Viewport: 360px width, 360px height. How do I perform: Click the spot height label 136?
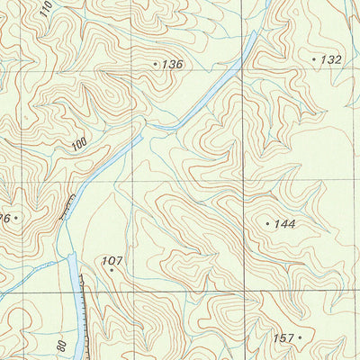coord(172,65)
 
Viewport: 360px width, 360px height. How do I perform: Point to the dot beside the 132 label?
coord(314,59)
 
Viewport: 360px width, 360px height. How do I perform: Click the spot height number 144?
coord(286,222)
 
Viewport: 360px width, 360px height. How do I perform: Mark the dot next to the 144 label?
coord(268,222)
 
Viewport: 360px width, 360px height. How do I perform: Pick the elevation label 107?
coord(112,261)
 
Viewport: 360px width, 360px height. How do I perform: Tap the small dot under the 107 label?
coord(112,270)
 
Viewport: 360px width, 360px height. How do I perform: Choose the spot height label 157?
coord(283,338)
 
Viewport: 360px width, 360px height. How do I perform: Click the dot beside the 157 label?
coord(301,338)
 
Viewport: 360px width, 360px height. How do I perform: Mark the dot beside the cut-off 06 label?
coord(16,217)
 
